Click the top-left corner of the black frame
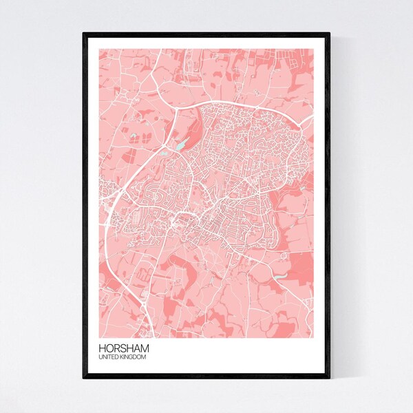pyautogui.click(x=84, y=33)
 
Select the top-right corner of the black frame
pyautogui.click(x=330, y=33)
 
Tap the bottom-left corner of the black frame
pyautogui.click(x=84, y=378)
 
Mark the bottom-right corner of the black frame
pyautogui.click(x=330, y=378)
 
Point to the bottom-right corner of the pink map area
pyautogui.click(x=315, y=337)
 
